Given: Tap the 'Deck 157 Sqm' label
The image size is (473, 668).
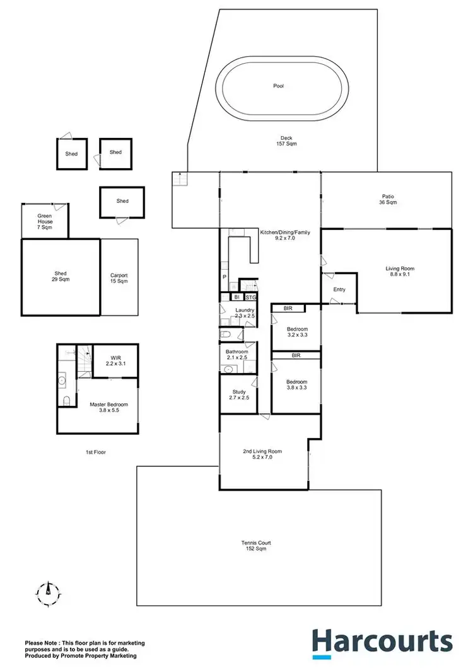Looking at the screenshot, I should [286, 141].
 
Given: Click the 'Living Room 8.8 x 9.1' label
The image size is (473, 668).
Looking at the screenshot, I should [400, 272].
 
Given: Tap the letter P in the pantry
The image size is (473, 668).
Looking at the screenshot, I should [224, 277].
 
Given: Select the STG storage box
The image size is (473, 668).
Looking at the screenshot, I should [250, 297].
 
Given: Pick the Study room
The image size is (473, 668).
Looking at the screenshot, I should [238, 395].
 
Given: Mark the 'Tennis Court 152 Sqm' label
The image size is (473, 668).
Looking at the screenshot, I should [259, 546].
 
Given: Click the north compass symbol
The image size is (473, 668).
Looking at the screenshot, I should [47, 591].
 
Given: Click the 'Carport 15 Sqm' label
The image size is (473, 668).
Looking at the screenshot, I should [119, 278].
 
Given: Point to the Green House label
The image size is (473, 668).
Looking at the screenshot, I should [44, 222].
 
